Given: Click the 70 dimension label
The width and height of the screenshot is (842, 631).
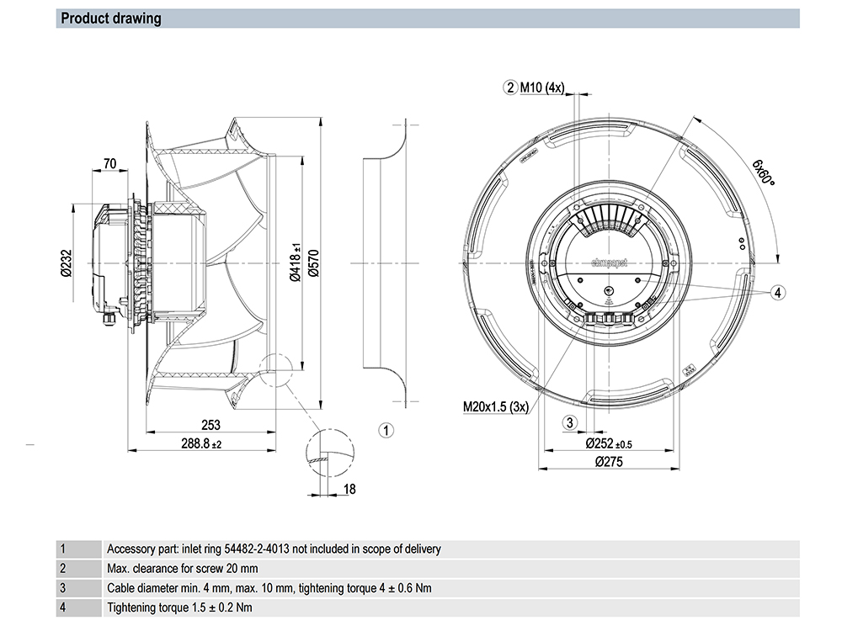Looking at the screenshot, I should [x=109, y=163].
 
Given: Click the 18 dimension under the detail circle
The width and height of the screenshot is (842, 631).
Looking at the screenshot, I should [x=349, y=489].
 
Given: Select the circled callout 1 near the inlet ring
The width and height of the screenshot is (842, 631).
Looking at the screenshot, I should [x=386, y=432].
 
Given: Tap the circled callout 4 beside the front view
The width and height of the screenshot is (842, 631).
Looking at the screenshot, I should [x=778, y=292].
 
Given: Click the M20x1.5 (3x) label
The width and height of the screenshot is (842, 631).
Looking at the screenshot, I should [x=495, y=407].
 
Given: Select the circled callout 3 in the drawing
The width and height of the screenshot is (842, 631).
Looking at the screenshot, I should [x=570, y=422].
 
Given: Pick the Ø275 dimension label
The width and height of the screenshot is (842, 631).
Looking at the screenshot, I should [x=610, y=462].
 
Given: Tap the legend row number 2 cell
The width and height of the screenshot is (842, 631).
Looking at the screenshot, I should [x=62, y=569].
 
